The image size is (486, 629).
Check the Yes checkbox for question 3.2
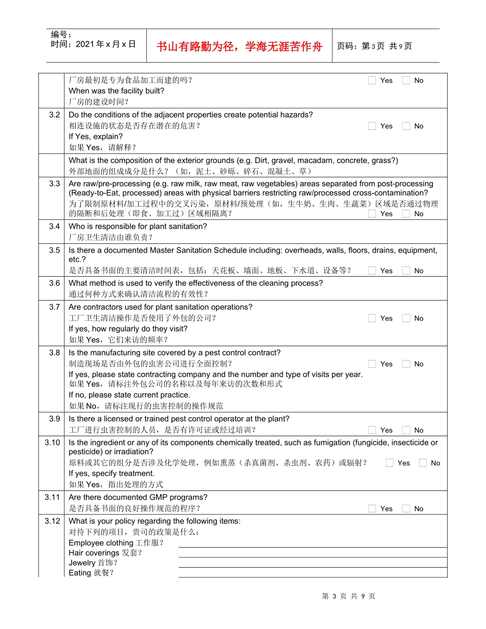click(372, 126)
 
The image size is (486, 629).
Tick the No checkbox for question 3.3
click(406, 214)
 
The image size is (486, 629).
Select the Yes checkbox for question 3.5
click(372, 271)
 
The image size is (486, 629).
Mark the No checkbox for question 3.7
click(406, 318)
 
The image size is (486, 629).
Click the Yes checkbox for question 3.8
click(372, 364)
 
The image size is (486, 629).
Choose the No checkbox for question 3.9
click(406, 430)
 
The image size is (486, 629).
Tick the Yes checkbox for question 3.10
click(389, 463)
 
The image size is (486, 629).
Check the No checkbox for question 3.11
click(406, 508)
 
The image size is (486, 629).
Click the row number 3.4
click(54, 226)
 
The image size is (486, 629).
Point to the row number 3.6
click(54, 283)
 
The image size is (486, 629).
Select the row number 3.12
click(52, 521)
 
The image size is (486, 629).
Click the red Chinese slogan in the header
click(239, 47)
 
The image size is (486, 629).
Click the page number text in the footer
click(348, 596)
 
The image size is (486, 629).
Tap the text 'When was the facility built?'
click(117, 91)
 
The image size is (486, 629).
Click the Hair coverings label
click(94, 553)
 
